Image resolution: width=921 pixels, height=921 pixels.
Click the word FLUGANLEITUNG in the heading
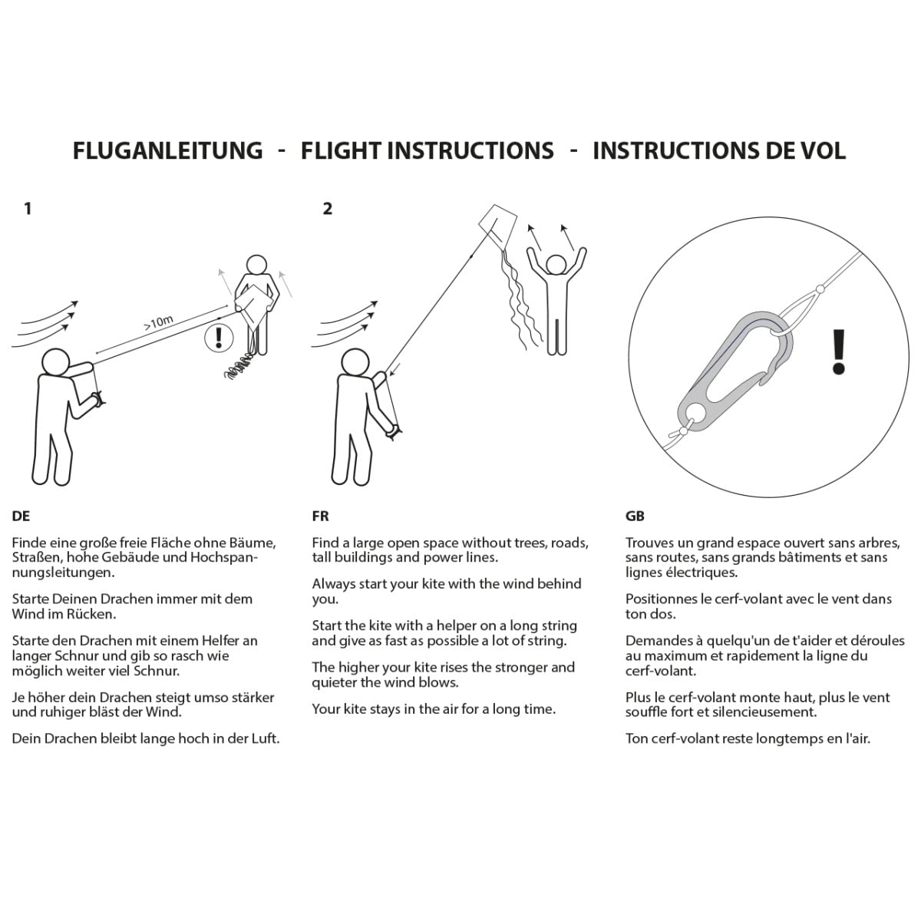pos(167,150)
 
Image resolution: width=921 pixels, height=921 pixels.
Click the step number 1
pos(28,209)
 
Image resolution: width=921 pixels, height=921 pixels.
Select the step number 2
pos(328,209)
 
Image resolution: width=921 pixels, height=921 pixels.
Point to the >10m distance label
pos(159,322)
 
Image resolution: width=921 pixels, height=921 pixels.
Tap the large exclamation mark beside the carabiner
pos(838,352)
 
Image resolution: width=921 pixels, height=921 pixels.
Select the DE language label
pos(21,516)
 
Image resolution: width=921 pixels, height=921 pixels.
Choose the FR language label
pos(320,516)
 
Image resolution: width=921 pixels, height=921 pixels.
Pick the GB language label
pos(635,516)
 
